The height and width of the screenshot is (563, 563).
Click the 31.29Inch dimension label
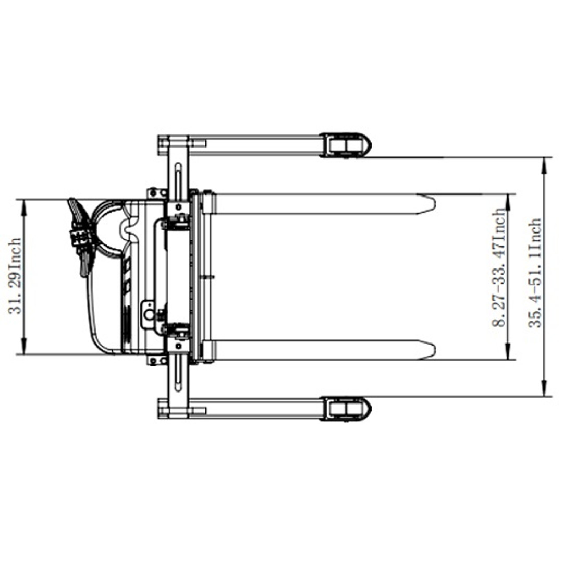(15, 276)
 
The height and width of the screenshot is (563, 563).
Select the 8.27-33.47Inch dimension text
(499, 267)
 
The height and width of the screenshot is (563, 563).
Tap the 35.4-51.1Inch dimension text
(535, 273)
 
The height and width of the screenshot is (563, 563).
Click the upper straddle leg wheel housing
(345, 145)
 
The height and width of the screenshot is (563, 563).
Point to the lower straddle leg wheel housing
(345, 409)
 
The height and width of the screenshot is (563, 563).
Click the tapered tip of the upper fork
(427, 204)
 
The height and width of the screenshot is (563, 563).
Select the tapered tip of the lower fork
(427, 349)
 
